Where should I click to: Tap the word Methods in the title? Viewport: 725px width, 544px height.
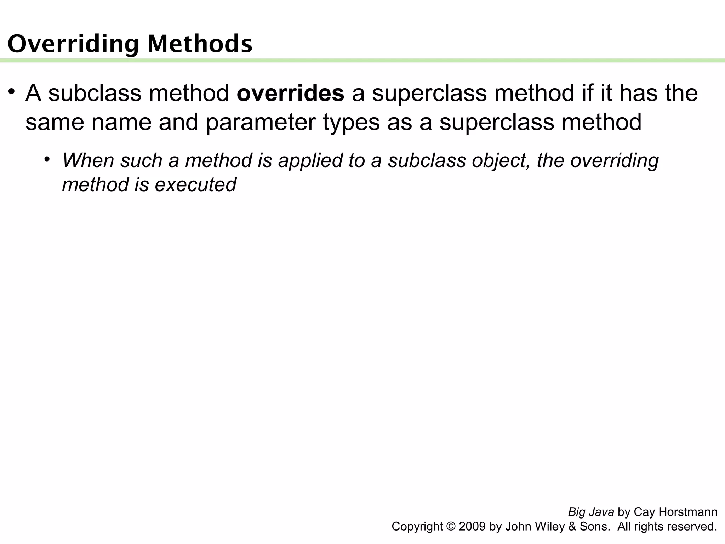click(x=200, y=44)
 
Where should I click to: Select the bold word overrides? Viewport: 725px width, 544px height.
click(x=290, y=93)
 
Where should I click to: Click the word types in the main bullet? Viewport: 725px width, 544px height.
click(x=351, y=122)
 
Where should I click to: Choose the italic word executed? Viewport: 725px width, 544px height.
click(x=195, y=185)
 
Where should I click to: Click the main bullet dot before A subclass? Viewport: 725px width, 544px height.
click(x=12, y=92)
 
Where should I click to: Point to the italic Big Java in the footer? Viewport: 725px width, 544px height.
click(x=591, y=512)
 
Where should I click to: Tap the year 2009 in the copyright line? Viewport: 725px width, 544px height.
click(x=472, y=526)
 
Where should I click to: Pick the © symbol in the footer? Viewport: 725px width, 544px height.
click(x=451, y=526)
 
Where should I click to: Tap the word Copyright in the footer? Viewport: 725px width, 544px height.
click(x=417, y=526)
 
